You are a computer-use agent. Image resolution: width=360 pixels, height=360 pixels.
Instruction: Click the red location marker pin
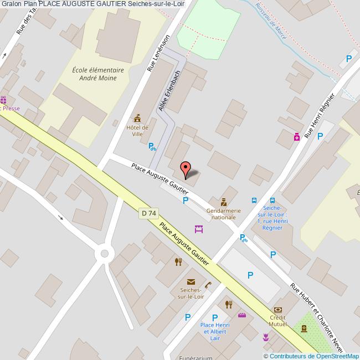(x=187, y=168)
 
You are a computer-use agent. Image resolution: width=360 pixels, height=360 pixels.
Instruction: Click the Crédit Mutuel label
(x=278, y=321)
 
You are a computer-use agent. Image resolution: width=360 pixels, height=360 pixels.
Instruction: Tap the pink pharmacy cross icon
(x=297, y=136)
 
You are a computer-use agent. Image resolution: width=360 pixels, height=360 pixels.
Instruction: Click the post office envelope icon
(x=191, y=282)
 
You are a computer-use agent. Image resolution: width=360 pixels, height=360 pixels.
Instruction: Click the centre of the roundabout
(x=103, y=254)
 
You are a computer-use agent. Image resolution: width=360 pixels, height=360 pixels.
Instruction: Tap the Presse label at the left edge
(x=11, y=108)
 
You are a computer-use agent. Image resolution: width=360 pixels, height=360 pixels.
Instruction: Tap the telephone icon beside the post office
(x=208, y=285)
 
